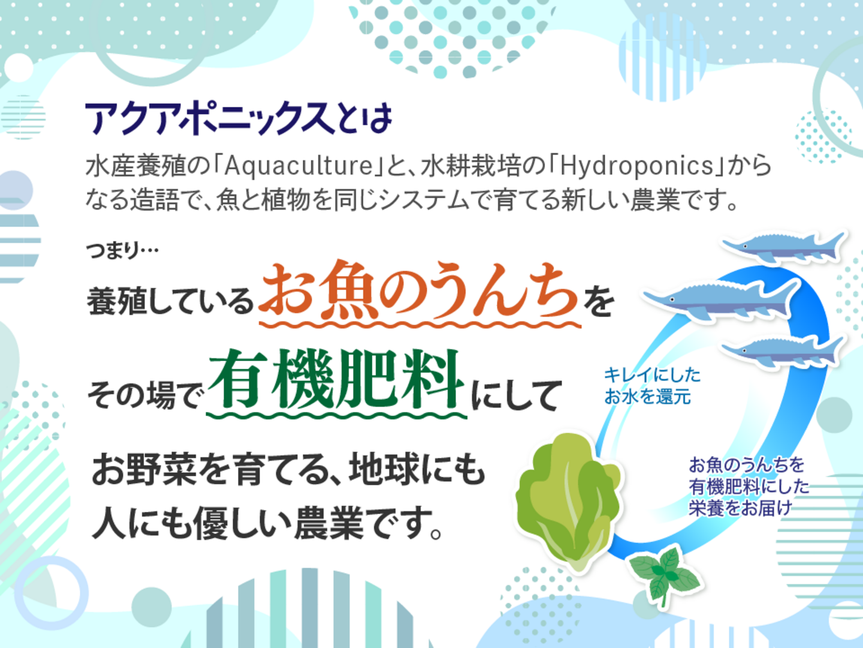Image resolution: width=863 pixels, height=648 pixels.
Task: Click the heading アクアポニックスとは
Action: pos(239,119)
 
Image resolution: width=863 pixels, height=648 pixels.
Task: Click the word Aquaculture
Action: pos(298,166)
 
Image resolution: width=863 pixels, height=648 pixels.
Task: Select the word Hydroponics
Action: pos(636,167)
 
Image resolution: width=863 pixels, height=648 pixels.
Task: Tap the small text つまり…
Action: pos(122,251)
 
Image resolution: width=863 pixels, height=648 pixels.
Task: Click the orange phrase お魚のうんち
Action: pos(420,290)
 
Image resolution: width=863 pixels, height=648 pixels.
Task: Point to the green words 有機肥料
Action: pos(335,380)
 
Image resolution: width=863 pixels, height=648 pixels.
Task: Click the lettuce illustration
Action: pos(568,500)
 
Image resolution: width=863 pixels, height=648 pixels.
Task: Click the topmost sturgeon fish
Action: pos(783,246)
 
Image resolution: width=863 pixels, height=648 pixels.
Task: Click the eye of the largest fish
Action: pos(672,300)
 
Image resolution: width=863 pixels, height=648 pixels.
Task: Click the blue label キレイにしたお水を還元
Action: pos(652,386)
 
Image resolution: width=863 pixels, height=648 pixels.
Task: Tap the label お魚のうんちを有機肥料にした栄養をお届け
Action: pos(749,487)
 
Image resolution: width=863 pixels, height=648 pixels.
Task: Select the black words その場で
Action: pos(143,396)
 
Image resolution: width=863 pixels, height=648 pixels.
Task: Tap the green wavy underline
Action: pos(337,415)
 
